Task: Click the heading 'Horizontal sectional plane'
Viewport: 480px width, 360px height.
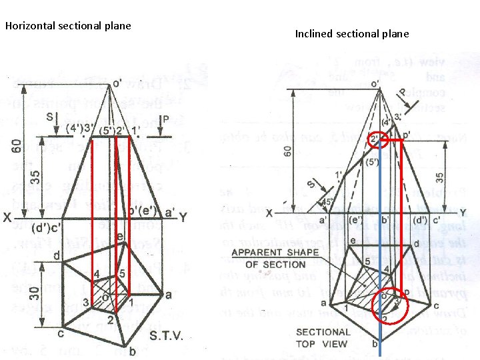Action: [x=68, y=26]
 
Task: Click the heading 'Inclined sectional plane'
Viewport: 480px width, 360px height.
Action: [x=352, y=33]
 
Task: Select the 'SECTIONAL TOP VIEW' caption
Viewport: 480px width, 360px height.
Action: [x=323, y=337]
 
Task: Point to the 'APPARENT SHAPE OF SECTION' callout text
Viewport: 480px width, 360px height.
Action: [x=269, y=258]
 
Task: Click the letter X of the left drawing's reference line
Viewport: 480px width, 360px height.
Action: [x=7, y=217]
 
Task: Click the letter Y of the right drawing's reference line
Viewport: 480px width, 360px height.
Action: [x=462, y=213]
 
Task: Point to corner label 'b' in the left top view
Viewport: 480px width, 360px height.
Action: [x=133, y=351]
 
